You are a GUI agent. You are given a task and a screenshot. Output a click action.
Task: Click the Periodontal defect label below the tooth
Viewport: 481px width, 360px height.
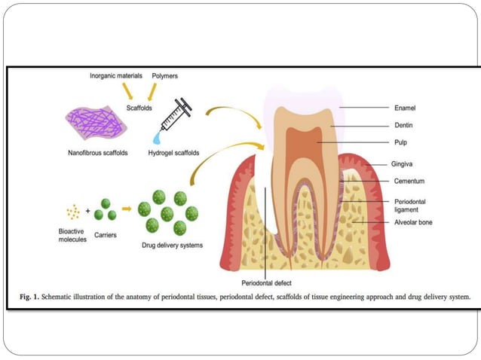point(267,283)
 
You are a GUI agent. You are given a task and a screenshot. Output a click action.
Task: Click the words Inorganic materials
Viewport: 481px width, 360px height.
point(115,76)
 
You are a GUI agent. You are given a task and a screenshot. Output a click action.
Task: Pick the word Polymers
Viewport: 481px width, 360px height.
point(165,76)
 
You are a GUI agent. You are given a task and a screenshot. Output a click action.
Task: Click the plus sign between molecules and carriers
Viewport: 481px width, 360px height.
point(87,212)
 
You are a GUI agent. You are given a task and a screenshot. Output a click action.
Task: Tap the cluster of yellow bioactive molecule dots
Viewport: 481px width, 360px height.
point(73,212)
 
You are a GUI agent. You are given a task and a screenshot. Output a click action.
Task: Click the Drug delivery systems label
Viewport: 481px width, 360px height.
point(171,245)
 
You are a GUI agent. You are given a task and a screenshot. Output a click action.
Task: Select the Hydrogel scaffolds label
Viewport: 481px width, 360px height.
point(173,153)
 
